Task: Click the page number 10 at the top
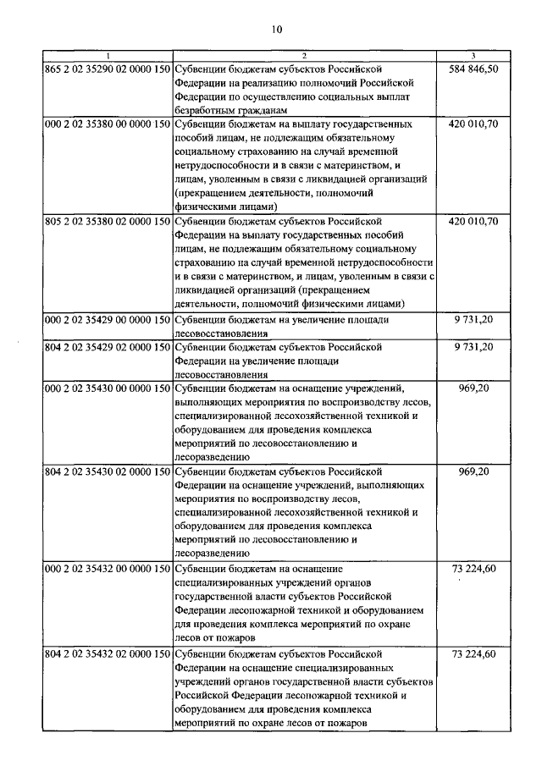coord(275,31)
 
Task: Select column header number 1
coord(107,55)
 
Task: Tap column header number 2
coord(305,55)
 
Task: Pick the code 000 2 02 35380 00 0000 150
coord(107,124)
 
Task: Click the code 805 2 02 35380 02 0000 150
coord(107,221)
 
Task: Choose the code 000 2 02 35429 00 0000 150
coord(107,319)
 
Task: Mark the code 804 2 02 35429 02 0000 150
coord(107,347)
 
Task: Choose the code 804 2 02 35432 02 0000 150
coord(107,653)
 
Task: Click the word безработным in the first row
coord(207,110)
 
